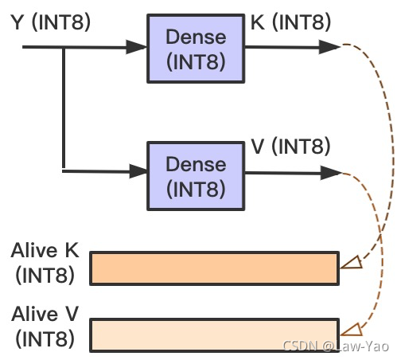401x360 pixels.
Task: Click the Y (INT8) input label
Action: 51,22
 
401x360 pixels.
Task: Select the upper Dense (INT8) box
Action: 196,49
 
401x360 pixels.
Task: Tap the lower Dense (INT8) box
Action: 196,176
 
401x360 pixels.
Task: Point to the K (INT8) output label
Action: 290,22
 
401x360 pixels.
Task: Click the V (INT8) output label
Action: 290,147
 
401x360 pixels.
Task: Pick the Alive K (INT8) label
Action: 45,263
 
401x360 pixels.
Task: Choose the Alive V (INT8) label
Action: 45,327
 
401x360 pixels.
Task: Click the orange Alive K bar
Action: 215,268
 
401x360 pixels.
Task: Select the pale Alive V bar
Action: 215,335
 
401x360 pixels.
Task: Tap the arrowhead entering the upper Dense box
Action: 136,47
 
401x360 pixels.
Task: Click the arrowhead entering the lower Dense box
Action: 138,171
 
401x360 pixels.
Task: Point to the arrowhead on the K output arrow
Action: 329,47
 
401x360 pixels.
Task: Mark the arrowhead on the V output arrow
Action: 330,173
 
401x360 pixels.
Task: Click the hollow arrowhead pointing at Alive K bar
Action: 352,263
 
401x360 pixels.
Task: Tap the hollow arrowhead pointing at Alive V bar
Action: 352,330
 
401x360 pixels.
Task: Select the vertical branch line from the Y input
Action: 64,108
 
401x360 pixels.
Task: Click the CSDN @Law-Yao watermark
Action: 336,346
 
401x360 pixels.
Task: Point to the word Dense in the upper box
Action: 196,37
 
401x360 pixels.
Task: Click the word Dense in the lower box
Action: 196,164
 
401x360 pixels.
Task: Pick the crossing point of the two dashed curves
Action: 381,233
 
